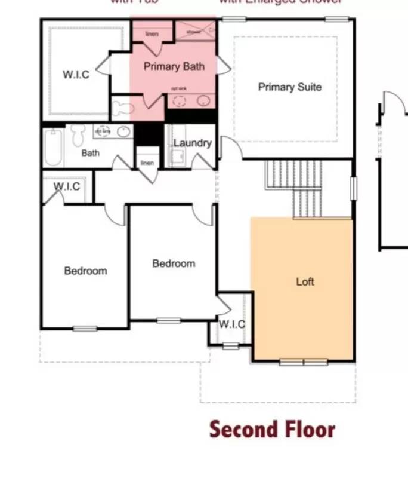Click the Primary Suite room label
click(x=289, y=87)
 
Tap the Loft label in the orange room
click(x=305, y=281)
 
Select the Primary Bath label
click(x=174, y=66)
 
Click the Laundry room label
click(x=192, y=143)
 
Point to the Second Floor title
click(x=272, y=430)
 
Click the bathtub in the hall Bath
click(x=52, y=147)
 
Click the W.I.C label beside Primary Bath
click(x=76, y=75)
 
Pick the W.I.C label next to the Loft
click(x=231, y=324)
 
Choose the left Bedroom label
click(x=85, y=271)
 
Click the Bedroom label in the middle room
click(x=174, y=263)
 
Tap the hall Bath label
click(x=91, y=153)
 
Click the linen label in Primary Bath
click(x=152, y=34)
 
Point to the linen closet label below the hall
click(x=147, y=163)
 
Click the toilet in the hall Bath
click(x=78, y=136)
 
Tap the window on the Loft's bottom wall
click(x=304, y=361)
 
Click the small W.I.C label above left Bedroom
click(x=67, y=186)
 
